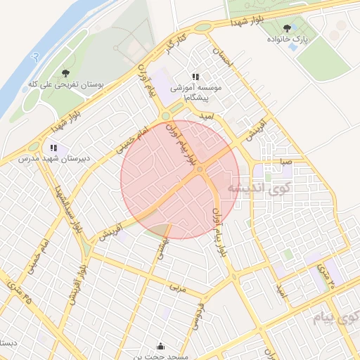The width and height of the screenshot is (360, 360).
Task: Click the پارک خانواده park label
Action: [x=287, y=40]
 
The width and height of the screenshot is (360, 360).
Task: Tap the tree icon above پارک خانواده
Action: [x=287, y=29]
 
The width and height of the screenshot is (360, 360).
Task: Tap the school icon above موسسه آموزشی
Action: [x=195, y=77]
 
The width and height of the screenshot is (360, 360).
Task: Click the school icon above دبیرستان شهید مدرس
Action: [x=53, y=148]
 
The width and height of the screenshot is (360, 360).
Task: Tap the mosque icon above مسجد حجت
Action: [x=161, y=345]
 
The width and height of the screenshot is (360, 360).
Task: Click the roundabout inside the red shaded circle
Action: [x=200, y=169]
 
